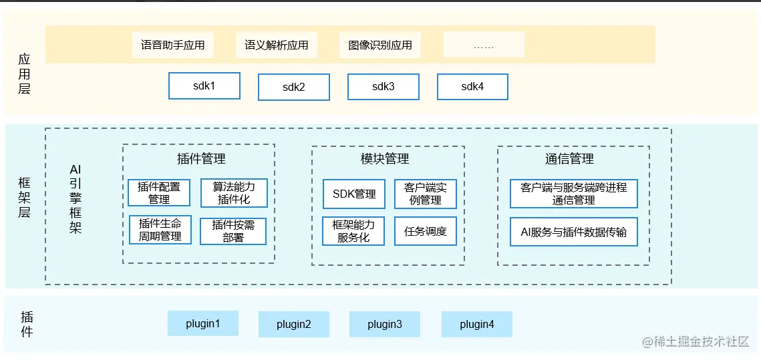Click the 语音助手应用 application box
click(x=172, y=45)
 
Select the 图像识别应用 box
click(x=380, y=45)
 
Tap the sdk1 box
click(x=204, y=86)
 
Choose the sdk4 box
click(x=472, y=87)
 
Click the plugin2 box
click(x=294, y=325)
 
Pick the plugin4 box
click(x=476, y=325)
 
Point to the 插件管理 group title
click(x=201, y=159)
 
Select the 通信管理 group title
click(x=569, y=159)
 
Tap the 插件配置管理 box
click(x=159, y=193)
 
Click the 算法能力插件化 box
click(x=234, y=193)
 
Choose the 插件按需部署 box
click(x=233, y=231)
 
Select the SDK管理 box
click(x=354, y=194)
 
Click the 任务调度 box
click(x=426, y=232)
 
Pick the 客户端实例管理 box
click(x=426, y=194)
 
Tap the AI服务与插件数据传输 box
click(x=574, y=232)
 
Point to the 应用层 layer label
click(x=25, y=74)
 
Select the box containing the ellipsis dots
click(x=484, y=45)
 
